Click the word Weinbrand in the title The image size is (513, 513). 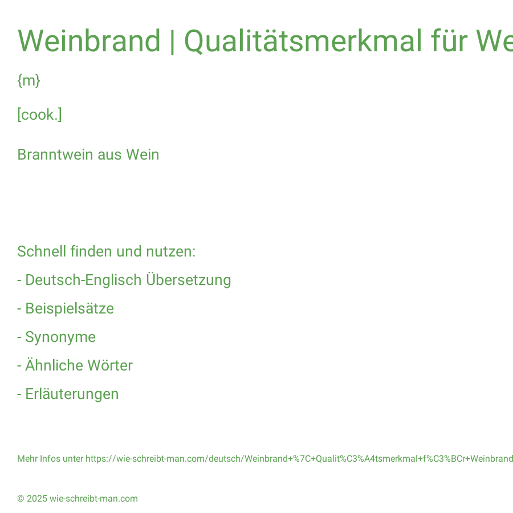89,41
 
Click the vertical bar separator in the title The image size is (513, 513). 172,42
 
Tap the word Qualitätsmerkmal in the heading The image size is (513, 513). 303,42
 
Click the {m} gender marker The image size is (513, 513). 29,80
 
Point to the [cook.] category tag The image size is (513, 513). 39,115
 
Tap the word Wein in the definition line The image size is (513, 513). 142,154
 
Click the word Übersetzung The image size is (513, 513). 189,280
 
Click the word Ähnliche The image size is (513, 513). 54,365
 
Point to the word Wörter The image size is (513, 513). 110,365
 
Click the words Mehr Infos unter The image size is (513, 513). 50,459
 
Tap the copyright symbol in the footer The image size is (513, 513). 21,499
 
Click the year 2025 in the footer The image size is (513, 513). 37,499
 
